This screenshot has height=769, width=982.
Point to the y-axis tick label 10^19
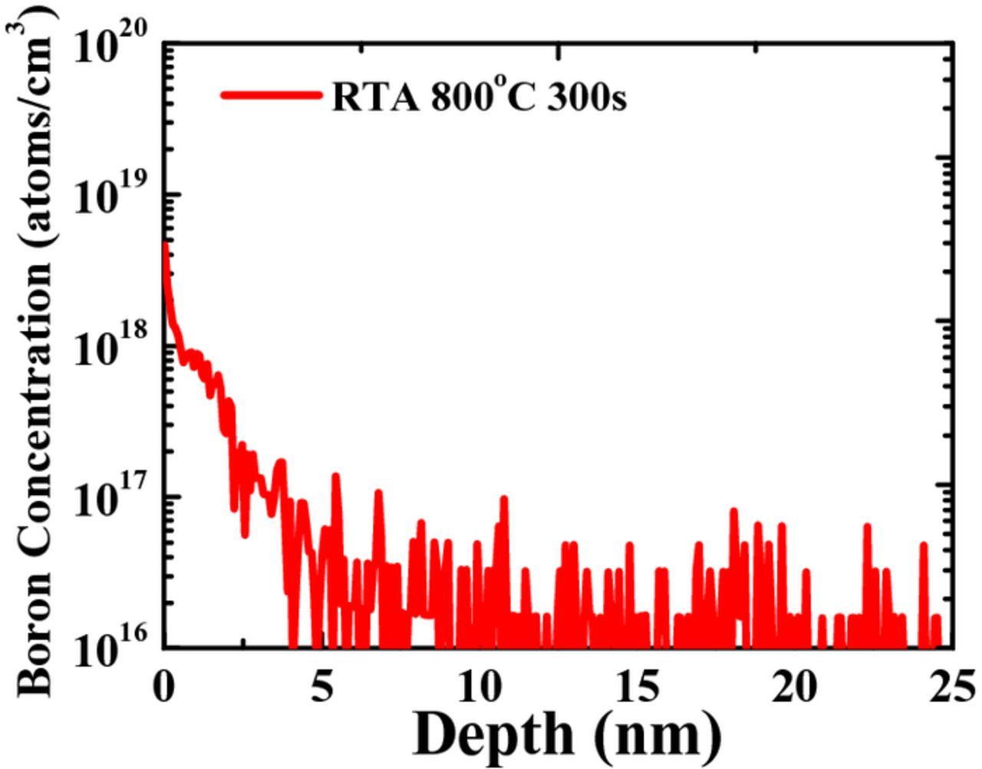click(112, 196)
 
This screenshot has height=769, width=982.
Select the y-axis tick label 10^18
click(112, 347)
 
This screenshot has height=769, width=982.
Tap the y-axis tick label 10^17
click(112, 497)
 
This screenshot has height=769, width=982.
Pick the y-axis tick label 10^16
click(112, 649)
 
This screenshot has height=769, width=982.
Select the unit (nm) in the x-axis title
click(658, 734)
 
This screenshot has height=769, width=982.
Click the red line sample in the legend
click(271, 95)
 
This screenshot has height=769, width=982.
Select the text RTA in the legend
click(375, 97)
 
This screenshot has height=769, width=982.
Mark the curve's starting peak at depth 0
click(164, 244)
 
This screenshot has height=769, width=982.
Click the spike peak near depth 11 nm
click(504, 499)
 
